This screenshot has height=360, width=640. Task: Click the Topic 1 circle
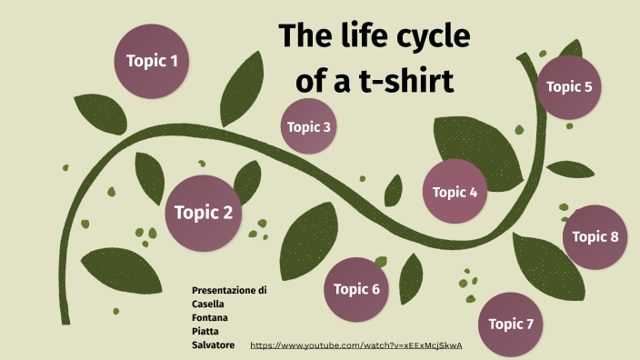click(x=152, y=61)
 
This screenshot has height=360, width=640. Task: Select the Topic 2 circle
click(x=203, y=213)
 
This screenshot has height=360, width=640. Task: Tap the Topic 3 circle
click(x=309, y=126)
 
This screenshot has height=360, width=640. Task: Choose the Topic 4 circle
click(x=455, y=192)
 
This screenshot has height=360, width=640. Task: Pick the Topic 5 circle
click(x=569, y=87)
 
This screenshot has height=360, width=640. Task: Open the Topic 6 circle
click(x=356, y=289)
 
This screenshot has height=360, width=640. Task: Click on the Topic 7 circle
click(x=511, y=324)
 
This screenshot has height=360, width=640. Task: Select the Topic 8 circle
click(x=595, y=236)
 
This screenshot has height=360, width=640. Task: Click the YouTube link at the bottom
click(x=356, y=346)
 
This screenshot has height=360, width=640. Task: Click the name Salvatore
click(x=214, y=345)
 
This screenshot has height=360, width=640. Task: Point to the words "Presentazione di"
click(x=229, y=290)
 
